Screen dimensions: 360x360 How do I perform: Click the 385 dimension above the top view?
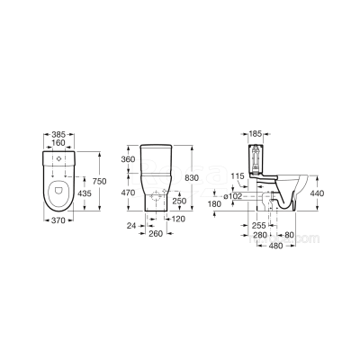[58, 134]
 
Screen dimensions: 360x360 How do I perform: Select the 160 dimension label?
[58, 143]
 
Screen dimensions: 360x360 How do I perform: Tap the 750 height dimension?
[99, 181]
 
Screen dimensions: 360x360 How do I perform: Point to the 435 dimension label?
[85, 193]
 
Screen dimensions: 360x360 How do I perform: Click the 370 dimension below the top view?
[58, 220]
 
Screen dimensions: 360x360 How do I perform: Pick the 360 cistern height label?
[128, 159]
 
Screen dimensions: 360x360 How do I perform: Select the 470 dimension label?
[128, 193]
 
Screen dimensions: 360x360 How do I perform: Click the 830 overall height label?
[192, 178]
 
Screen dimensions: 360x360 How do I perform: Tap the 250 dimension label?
[179, 201]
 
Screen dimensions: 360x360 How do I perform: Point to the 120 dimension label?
[178, 219]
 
